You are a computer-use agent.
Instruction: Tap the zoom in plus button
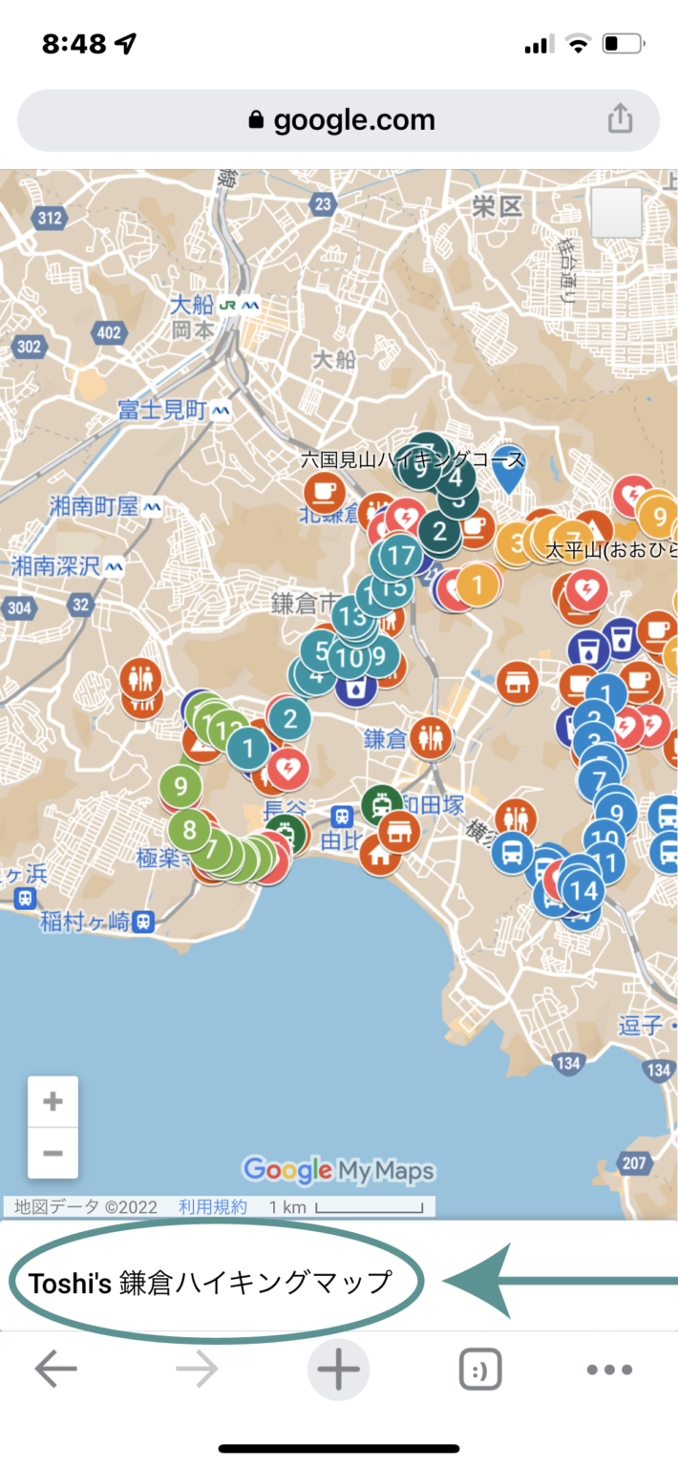tap(53, 1101)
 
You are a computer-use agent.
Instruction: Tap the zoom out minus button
tap(53, 1153)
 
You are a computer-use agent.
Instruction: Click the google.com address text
tap(353, 120)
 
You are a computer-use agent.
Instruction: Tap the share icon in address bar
tap(620, 119)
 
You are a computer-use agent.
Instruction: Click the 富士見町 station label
tap(162, 410)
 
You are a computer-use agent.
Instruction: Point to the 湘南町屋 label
tap(94, 506)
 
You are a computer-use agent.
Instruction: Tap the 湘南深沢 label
tap(55, 565)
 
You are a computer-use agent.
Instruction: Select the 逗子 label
tap(640, 1026)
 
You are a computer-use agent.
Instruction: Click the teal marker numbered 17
tap(402, 555)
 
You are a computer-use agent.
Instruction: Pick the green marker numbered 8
tap(189, 829)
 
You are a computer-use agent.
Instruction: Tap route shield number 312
tap(50, 219)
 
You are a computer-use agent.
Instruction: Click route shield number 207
tap(632, 1162)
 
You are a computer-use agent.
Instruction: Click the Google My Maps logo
tap(338, 1170)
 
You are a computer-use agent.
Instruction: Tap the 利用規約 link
tap(212, 1207)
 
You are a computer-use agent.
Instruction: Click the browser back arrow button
tap(55, 1370)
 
